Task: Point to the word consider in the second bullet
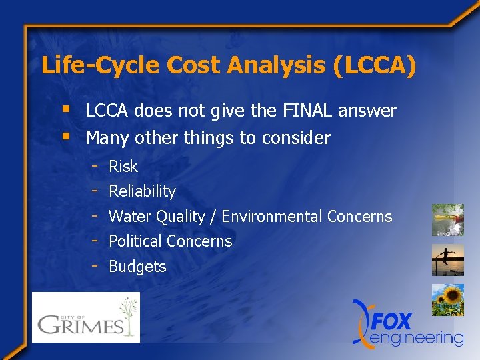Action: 297,138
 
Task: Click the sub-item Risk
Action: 123,167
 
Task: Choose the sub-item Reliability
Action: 142,191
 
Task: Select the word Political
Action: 136,241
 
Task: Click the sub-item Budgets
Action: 137,267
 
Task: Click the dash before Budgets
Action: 96,265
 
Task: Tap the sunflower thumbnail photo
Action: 447,300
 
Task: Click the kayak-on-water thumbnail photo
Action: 447,220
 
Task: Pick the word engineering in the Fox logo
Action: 417,338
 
